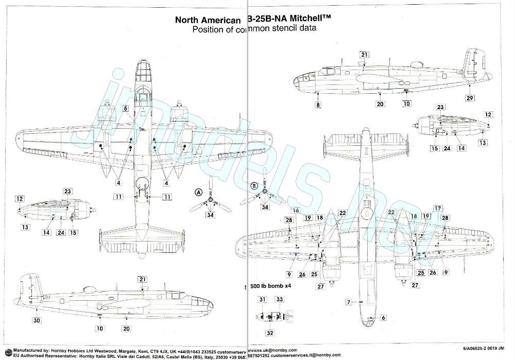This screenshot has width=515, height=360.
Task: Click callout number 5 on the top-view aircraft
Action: point(125,109)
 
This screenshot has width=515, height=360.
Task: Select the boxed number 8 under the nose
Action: point(318,105)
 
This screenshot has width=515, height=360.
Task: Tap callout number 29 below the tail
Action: point(469,98)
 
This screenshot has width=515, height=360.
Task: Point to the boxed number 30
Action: point(36,320)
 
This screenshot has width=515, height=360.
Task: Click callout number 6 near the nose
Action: point(383,318)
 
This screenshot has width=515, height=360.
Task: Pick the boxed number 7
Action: point(348,302)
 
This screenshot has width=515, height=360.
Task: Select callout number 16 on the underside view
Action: point(296,210)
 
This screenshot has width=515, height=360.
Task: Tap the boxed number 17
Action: point(438,209)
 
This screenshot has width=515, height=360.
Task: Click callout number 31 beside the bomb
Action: point(263,299)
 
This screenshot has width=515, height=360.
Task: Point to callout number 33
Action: point(280,299)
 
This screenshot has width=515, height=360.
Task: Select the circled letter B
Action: point(253,186)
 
